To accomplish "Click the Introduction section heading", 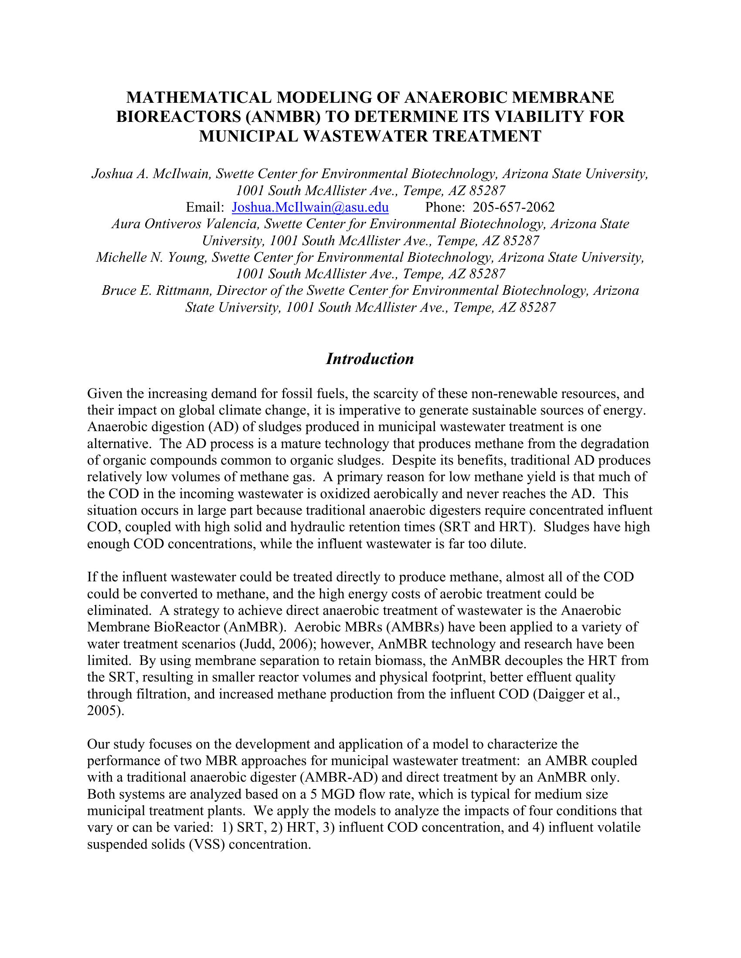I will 370,358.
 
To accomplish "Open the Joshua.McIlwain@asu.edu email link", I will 310,207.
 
